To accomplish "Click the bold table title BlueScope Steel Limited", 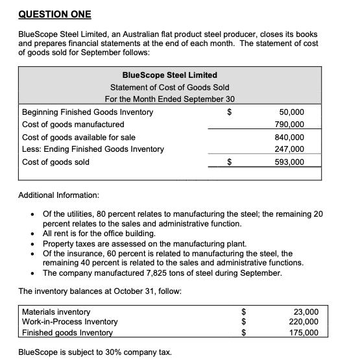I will [x=169, y=75].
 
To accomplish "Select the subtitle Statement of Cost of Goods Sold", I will [x=169, y=87].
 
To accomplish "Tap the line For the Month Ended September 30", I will [x=169, y=99].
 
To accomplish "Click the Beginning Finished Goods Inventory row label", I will [x=88, y=112].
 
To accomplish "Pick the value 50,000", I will [x=291, y=112].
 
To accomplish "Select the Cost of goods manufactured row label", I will [x=73, y=124].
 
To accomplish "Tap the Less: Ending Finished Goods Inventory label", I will [x=93, y=149].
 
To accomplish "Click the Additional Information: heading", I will [x=58, y=195].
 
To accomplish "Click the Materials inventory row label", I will [x=56, y=311].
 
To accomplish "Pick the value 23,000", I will [x=306, y=311].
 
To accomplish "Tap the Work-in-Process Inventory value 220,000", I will [x=303, y=322].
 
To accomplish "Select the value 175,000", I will [x=303, y=332].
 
